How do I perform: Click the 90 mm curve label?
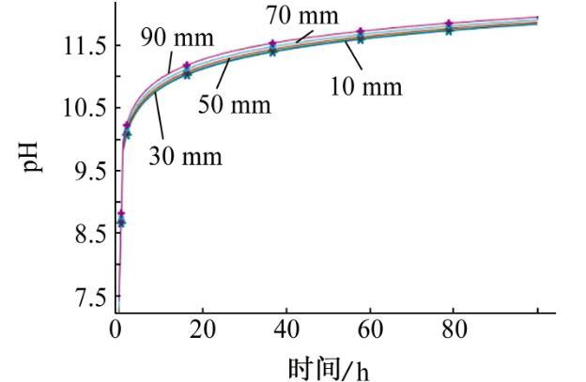point(177,38)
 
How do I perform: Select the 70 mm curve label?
point(301,16)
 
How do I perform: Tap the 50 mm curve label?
point(234,104)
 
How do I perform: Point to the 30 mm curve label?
point(186,155)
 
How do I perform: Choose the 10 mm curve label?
point(365,87)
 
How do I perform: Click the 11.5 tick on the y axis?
point(84,46)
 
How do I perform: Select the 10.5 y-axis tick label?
point(84,108)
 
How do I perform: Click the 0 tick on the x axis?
point(116,329)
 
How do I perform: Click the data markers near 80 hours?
point(449,26)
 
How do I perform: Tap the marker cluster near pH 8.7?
point(121,219)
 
